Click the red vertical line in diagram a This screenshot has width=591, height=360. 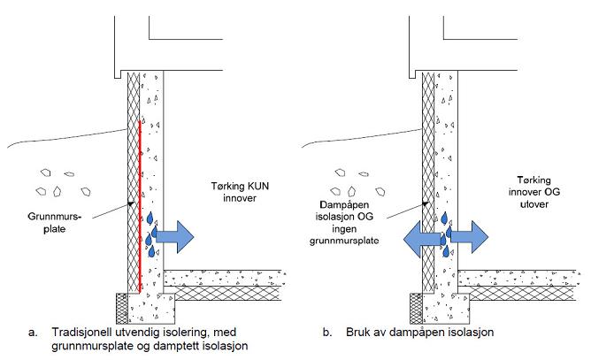point(140,203)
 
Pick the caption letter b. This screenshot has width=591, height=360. point(326,333)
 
